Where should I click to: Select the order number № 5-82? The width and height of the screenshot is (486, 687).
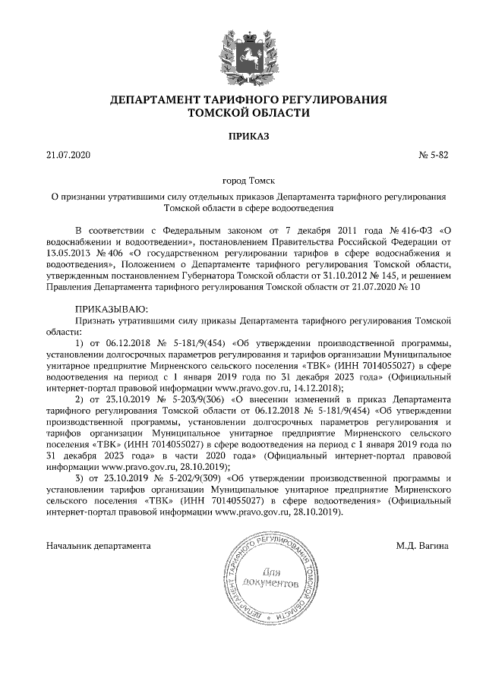(x=434, y=156)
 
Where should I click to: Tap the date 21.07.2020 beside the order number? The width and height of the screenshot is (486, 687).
(x=68, y=156)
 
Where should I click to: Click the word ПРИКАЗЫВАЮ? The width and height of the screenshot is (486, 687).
(x=112, y=310)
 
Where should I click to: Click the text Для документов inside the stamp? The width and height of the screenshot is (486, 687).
(x=270, y=578)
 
